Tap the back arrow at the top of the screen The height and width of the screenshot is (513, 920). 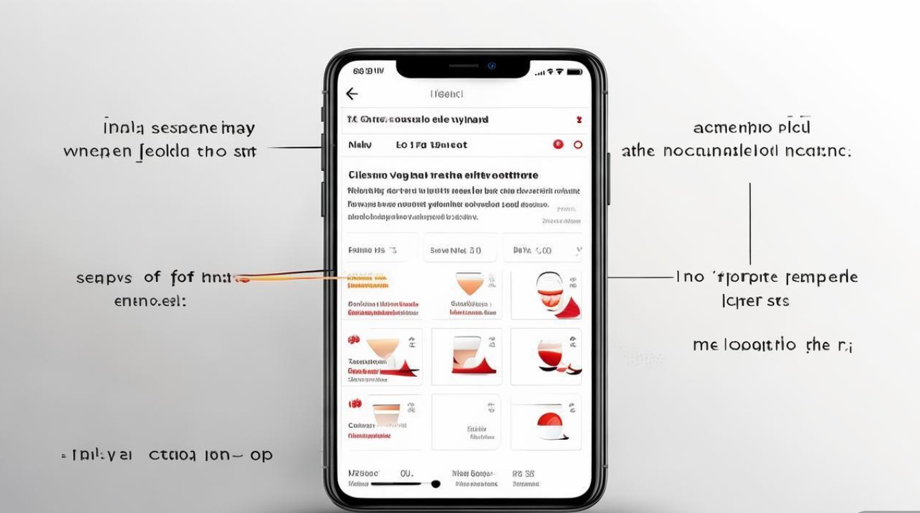pyautogui.click(x=352, y=94)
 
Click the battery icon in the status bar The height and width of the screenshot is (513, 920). pyautogui.click(x=574, y=71)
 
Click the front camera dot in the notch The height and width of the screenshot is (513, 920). pyautogui.click(x=491, y=66)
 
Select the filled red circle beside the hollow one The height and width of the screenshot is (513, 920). pyautogui.click(x=558, y=145)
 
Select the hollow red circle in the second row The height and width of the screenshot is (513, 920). pyautogui.click(x=578, y=145)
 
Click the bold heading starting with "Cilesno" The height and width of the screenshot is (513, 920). pyautogui.click(x=443, y=175)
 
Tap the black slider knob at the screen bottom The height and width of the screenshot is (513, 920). pyautogui.click(x=435, y=484)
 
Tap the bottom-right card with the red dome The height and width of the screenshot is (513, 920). pyautogui.click(x=546, y=421)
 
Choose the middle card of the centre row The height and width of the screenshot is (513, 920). pyautogui.click(x=466, y=356)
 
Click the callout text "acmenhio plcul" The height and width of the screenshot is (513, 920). pyautogui.click(x=752, y=128)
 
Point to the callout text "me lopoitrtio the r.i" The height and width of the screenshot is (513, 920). pyautogui.click(x=772, y=345)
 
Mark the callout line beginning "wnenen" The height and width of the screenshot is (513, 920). pyautogui.click(x=160, y=151)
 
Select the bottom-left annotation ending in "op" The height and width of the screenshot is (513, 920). pyautogui.click(x=168, y=455)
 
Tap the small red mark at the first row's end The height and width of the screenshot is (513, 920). pyautogui.click(x=578, y=120)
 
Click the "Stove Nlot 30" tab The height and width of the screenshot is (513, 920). pyautogui.click(x=455, y=250)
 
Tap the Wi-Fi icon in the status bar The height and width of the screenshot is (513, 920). pyautogui.click(x=559, y=71)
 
